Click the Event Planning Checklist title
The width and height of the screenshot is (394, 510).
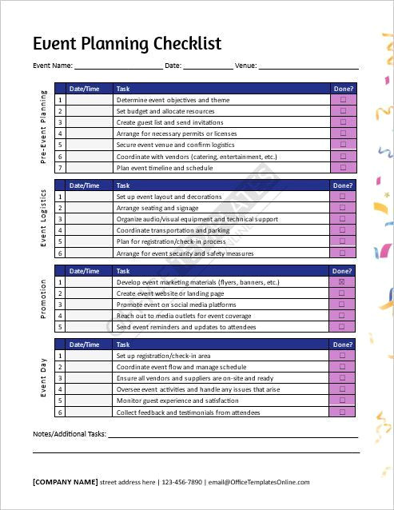[126, 43]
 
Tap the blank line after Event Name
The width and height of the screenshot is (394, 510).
[117, 66]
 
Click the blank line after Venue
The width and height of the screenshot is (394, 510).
[308, 66]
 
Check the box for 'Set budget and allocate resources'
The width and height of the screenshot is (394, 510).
[344, 112]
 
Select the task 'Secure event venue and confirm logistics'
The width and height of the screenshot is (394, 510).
[175, 145]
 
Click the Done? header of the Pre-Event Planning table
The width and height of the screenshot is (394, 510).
[344, 89]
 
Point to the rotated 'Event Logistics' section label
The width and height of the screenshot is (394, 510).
[43, 218]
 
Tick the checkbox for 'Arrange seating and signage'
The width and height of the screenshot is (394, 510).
[344, 208]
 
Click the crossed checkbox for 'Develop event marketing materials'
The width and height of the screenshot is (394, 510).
[344, 282]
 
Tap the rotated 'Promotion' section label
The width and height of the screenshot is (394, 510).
[43, 299]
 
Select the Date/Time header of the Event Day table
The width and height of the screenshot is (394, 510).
[85, 345]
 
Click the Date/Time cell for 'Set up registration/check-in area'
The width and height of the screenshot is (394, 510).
[89, 356]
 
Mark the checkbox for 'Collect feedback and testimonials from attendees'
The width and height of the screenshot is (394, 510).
[344, 412]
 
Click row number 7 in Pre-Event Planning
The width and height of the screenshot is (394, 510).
[60, 169]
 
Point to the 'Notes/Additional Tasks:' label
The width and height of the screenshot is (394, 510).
[69, 435]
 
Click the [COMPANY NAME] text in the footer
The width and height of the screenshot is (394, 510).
[65, 482]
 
